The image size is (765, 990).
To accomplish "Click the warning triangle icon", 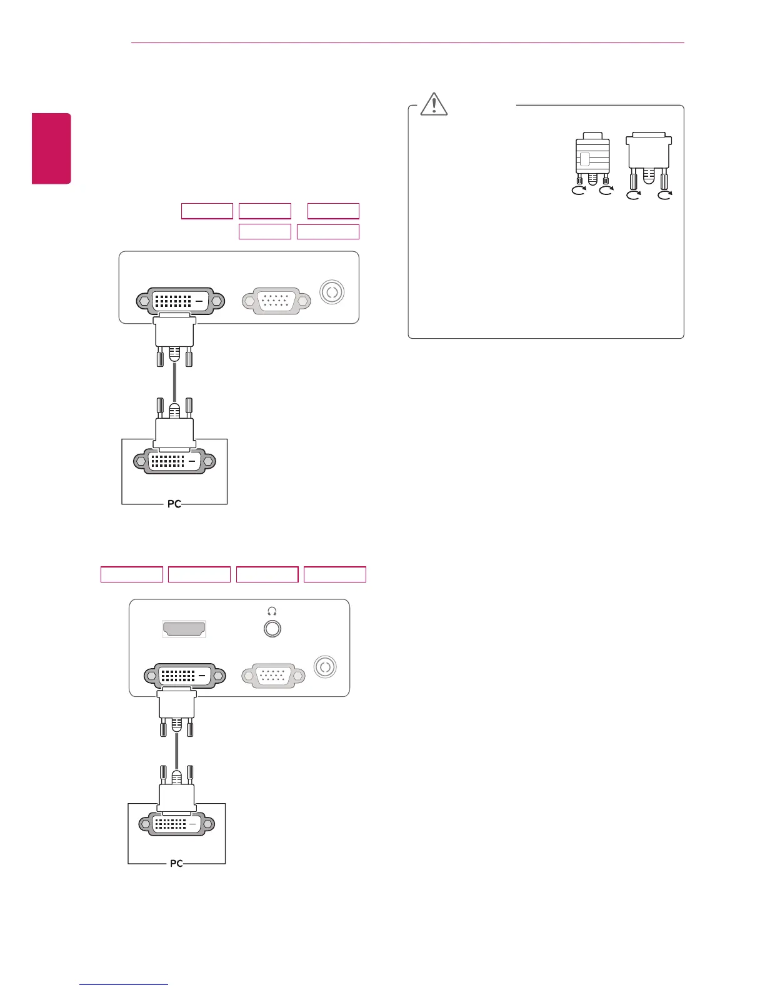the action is pos(434,104).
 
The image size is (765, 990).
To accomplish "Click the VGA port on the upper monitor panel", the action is pos(276,301).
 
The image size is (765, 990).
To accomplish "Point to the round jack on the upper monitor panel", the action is pos(332,292).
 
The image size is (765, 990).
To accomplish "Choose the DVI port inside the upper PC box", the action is pos(174,461).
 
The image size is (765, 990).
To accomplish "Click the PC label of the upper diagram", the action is pos(174,504).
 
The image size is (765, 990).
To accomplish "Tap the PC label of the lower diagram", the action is pos(176,863).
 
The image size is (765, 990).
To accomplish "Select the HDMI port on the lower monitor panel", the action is pos(184,629).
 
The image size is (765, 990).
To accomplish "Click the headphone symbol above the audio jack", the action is pos(272,611).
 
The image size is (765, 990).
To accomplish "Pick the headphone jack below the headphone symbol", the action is pos(272,629).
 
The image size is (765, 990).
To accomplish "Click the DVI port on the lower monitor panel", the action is pos(185,676).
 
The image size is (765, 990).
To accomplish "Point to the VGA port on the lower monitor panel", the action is pos(273,676).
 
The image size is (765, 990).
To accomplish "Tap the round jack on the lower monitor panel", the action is pos(325,667).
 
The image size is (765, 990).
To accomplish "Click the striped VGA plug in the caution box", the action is pos(592,157).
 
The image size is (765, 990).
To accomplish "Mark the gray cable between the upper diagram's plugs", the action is pos(174,383).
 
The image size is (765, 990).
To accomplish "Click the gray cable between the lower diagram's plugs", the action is pos(177,750).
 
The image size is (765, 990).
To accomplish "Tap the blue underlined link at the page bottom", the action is pos(124,984).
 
